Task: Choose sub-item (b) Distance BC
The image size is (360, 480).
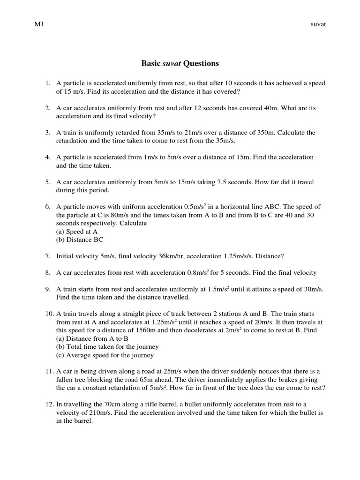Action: click(79, 240)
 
